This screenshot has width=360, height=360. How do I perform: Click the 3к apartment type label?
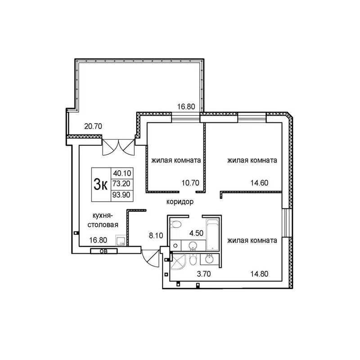coord(100,184)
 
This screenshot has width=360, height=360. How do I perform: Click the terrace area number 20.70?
coord(93,126)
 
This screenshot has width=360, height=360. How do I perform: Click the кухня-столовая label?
coord(103,220)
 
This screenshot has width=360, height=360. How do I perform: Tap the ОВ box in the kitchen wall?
coord(103,251)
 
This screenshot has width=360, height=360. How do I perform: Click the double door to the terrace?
coord(118,147)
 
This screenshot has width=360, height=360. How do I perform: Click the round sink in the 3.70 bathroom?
coord(209,258)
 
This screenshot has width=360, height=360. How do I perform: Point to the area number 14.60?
coord(260,183)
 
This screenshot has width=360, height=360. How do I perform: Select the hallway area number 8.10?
coord(156,234)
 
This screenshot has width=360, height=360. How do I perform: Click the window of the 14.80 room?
coord(286,222)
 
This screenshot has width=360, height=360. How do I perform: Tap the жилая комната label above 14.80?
coord(252,240)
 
